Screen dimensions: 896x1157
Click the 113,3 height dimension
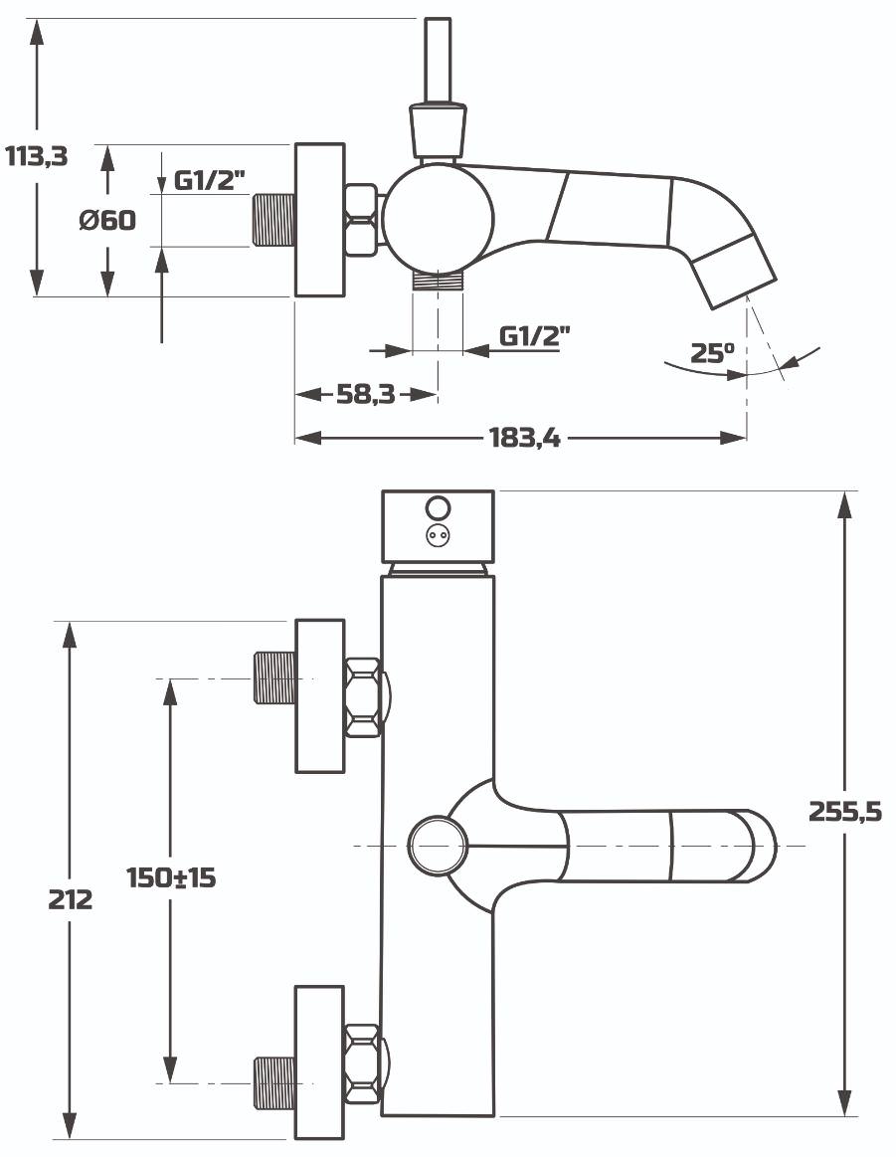36,156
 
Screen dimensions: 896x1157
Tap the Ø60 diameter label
107,219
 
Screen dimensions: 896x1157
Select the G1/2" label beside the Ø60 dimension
209,179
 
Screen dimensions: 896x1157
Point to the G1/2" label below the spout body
535,335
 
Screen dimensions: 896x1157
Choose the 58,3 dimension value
366,394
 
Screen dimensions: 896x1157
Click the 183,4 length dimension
524,439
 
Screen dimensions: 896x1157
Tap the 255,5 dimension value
845,811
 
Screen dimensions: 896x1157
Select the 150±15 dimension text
171,877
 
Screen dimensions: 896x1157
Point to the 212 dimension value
70,899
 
